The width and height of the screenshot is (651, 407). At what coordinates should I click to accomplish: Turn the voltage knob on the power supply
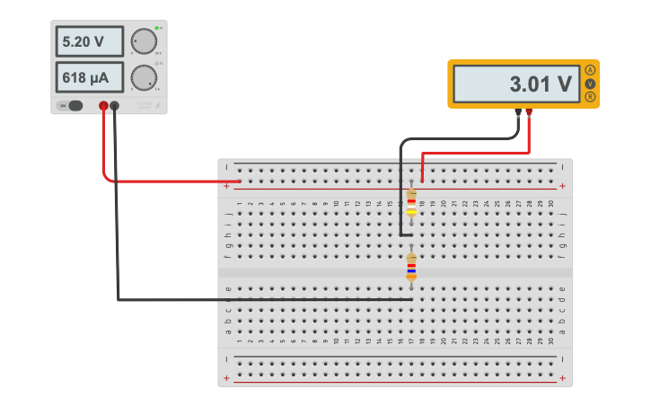[x=143, y=41]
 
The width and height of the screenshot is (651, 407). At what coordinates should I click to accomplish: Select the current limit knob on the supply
[x=143, y=77]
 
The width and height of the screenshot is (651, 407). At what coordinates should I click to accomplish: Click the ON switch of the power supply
[x=72, y=106]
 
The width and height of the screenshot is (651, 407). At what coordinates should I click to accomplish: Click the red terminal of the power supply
[x=103, y=106]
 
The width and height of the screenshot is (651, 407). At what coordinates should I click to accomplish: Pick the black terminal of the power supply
[x=115, y=106]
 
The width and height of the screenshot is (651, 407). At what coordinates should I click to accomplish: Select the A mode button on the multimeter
[x=590, y=70]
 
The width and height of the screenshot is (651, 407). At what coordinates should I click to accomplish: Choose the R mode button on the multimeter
[x=590, y=96]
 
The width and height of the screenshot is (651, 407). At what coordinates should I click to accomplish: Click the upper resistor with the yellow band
[x=411, y=203]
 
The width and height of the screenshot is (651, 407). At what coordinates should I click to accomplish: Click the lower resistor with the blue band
[x=411, y=266]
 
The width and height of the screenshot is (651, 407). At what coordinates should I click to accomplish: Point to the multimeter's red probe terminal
[x=530, y=112]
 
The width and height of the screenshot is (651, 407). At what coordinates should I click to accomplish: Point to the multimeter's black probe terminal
[x=519, y=112]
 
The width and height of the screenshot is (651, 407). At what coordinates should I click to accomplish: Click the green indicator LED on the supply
[x=156, y=28]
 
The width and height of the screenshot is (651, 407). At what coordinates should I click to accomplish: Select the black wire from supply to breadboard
[x=118, y=225]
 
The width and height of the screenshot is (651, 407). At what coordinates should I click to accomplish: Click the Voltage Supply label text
[x=144, y=106]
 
